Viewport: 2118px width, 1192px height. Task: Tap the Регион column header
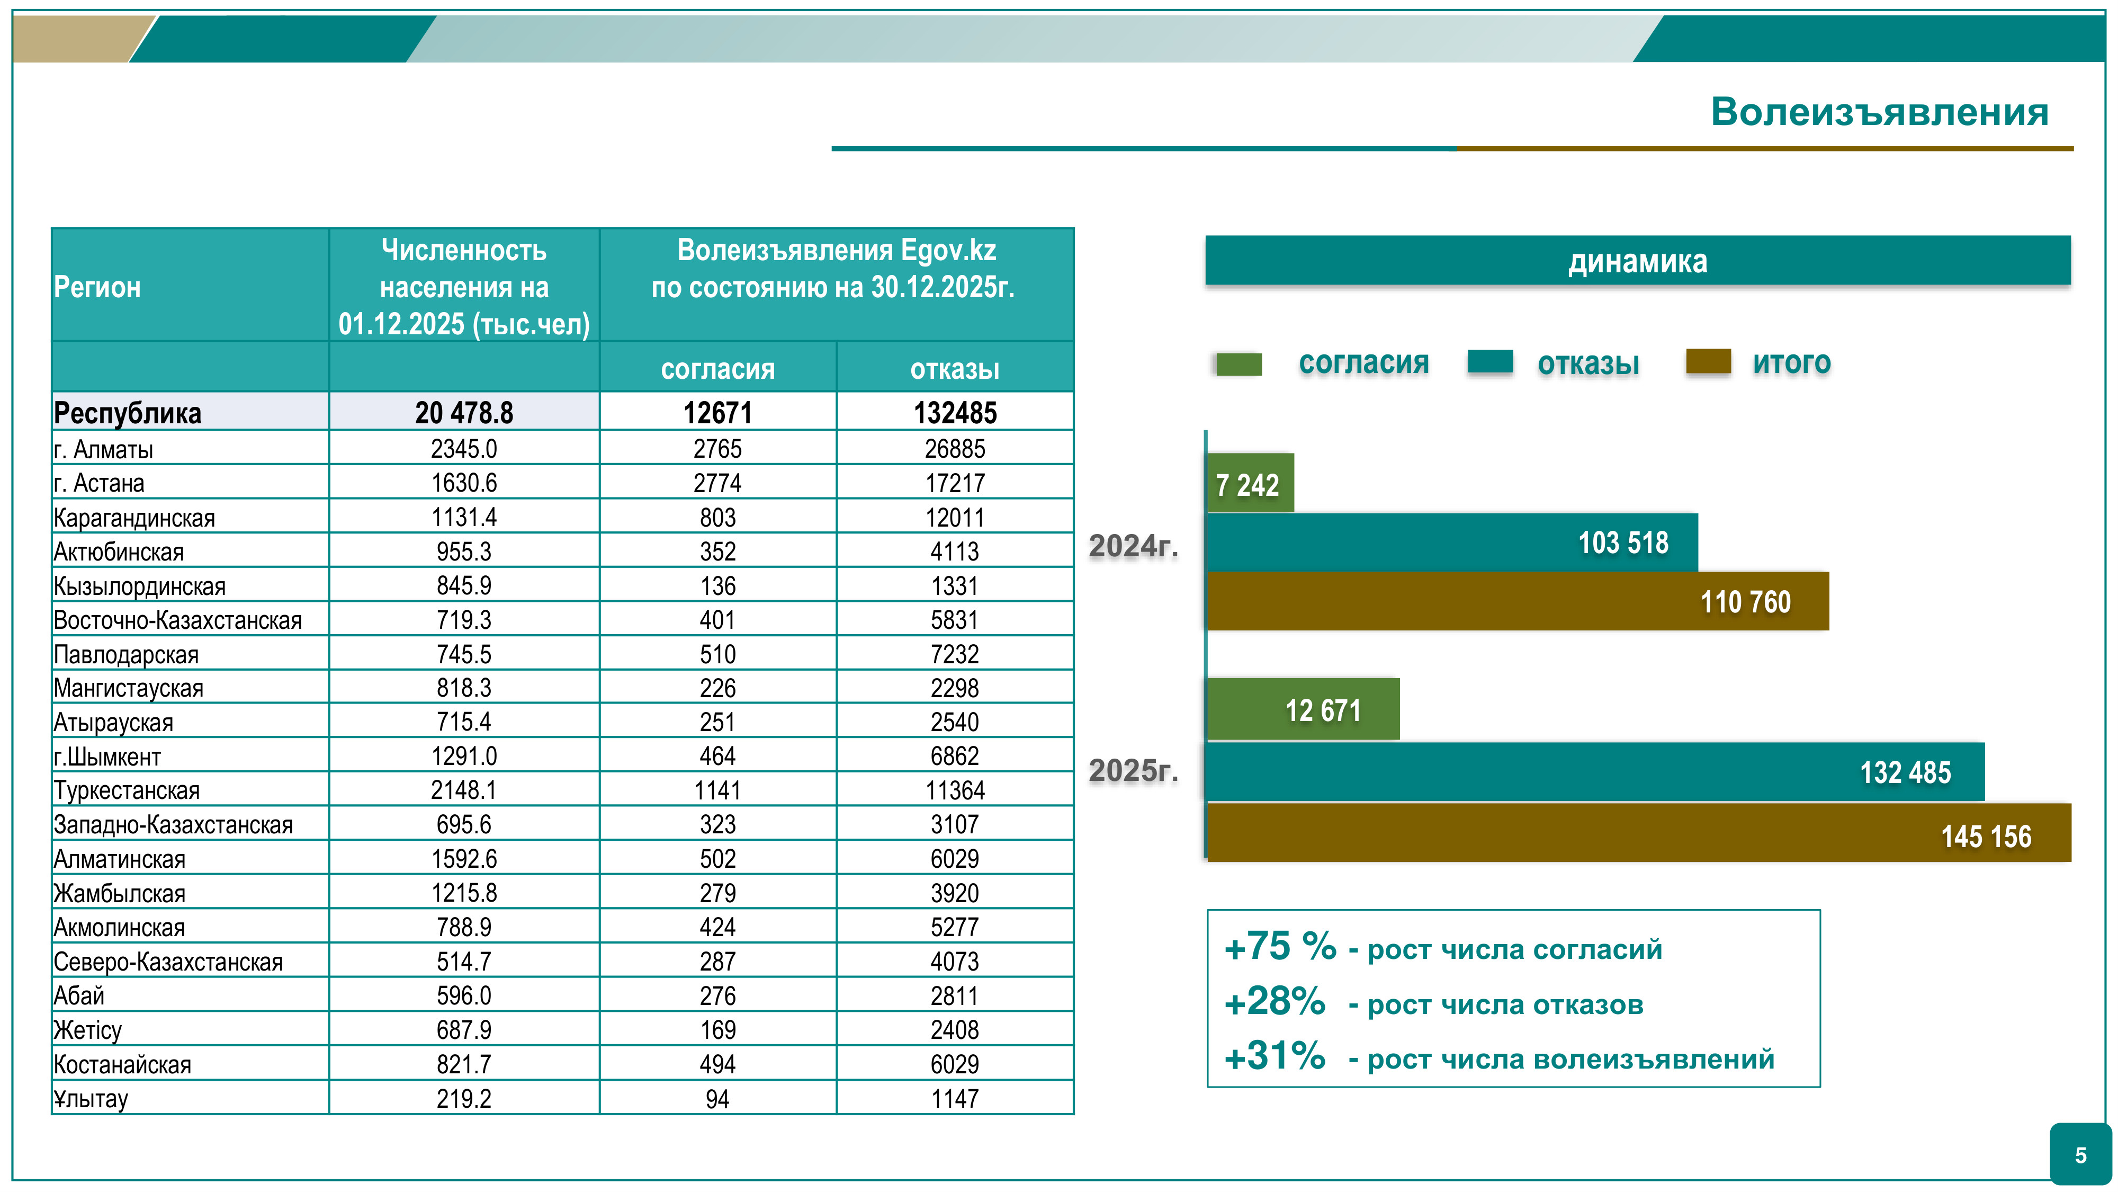coord(97,287)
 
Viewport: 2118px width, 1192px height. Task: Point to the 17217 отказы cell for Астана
coord(955,483)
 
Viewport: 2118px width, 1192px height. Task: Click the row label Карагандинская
coord(134,518)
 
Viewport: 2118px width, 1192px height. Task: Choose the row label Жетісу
coord(87,1030)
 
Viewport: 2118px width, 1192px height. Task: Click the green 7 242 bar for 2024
coord(1249,484)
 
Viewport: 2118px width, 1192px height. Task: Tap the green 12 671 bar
coord(1303,709)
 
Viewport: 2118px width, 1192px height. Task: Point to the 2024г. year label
coord(1133,546)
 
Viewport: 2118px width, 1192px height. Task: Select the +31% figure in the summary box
coord(1275,1056)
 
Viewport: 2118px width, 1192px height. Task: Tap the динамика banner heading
coord(1637,261)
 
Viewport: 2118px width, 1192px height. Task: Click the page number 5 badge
coord(2080,1155)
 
